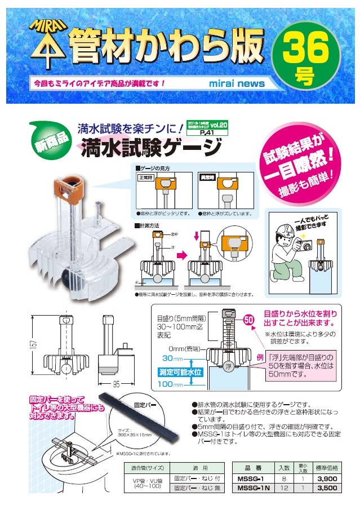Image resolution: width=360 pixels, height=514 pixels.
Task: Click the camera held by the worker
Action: (306, 246)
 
